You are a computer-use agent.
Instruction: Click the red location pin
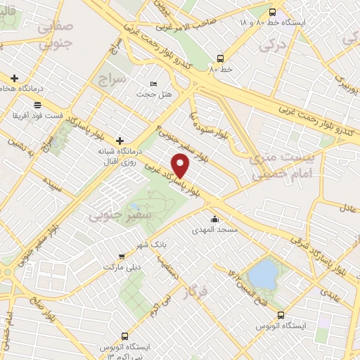coord(181,167)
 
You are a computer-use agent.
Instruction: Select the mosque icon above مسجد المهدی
coord(214,219)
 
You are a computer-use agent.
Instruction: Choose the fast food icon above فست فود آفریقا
coord(37,103)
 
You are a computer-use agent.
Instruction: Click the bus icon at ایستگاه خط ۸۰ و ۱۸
coord(273,11)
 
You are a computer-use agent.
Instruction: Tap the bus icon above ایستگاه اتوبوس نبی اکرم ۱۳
coord(126,335)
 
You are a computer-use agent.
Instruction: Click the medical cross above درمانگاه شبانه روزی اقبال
coord(120,140)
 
